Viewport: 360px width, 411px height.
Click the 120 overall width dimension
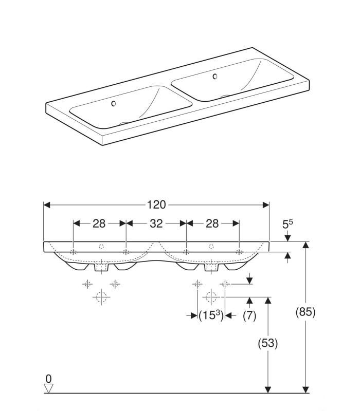[156, 204]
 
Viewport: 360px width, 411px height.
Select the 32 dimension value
[156, 223]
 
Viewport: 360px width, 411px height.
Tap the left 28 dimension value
[99, 223]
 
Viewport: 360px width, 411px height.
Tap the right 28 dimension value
[212, 223]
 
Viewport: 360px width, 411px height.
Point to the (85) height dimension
[305, 312]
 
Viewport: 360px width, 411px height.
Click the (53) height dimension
[267, 343]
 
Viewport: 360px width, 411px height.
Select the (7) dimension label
[249, 315]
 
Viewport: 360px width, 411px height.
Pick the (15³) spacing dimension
[211, 315]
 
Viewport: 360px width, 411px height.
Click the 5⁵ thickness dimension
[287, 224]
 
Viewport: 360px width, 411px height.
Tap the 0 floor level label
[48, 379]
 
